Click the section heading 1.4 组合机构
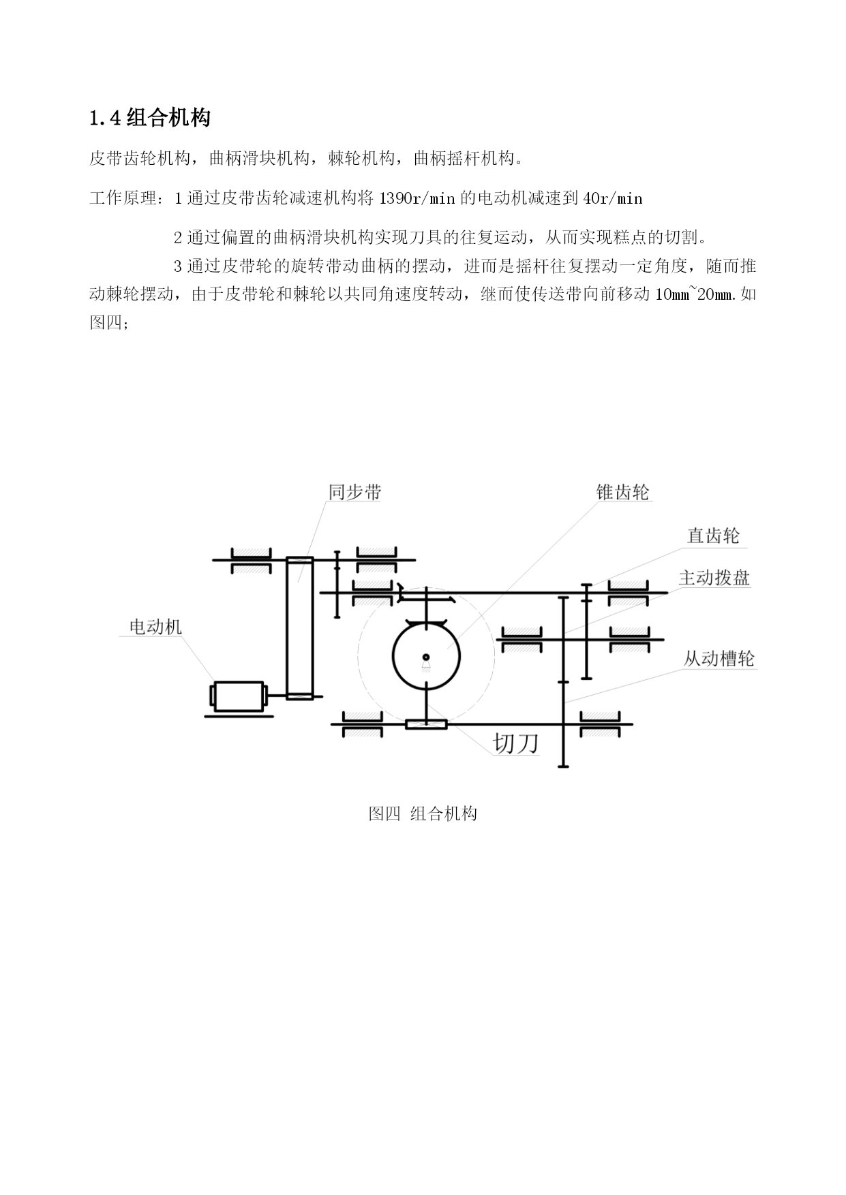(149, 118)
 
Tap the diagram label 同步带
(354, 492)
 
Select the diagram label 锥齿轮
(622, 492)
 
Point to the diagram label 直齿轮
(713, 536)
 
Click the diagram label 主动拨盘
(714, 578)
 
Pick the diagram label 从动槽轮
(719, 659)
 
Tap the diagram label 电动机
(156, 627)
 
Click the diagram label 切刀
(515, 743)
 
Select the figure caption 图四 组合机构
(423, 813)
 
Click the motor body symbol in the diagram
(239, 696)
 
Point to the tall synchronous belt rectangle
(299, 627)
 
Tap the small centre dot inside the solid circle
(426, 657)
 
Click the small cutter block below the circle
(426, 724)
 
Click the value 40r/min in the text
(614, 198)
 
